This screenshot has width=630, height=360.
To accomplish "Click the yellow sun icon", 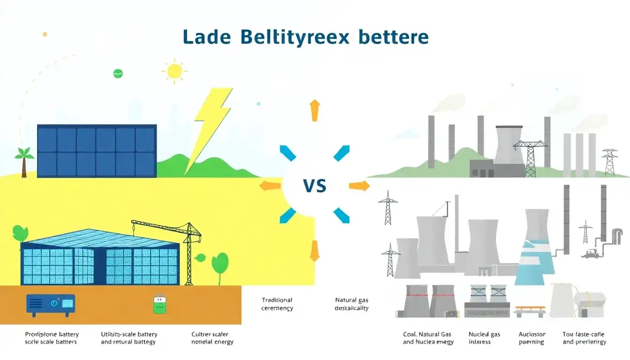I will tap(174, 71).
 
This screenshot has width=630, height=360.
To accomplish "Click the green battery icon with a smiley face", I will tap(159, 305).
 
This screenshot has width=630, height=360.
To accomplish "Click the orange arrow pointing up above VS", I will tap(315, 110).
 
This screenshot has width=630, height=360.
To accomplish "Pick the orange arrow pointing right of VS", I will tap(359, 187).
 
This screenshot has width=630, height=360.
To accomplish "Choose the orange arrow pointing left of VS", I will tap(270, 186).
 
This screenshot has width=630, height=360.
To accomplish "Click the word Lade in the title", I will tap(206, 37).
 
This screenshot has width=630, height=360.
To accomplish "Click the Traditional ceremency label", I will tap(277, 304).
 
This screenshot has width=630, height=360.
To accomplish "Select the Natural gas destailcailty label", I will tap(352, 304).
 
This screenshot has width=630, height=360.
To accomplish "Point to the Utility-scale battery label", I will tap(129, 338).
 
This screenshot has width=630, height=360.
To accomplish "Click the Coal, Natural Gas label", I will tap(428, 338).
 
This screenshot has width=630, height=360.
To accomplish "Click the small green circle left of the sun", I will tap(118, 73).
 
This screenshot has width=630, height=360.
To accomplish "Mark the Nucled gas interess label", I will tap(484, 338).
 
